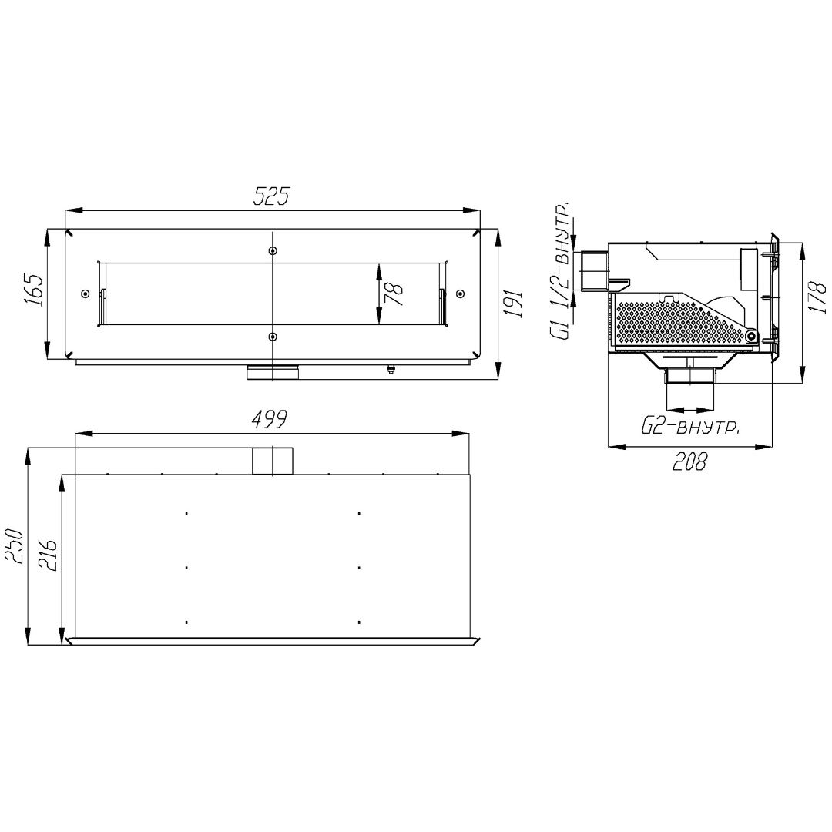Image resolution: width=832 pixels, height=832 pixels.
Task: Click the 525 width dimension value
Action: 272,196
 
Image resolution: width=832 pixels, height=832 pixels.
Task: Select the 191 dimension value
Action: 512,304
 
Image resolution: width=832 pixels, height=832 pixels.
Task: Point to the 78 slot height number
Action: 393,294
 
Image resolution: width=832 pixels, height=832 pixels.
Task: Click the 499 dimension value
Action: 269,419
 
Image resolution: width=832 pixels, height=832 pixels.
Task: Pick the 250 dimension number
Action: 15,546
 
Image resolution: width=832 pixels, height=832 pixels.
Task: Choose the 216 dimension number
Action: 49,555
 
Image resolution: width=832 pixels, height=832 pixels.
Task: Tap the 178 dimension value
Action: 817,297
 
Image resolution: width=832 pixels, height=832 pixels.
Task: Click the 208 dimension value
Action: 689,461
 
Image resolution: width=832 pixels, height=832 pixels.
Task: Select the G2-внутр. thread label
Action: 690,427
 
